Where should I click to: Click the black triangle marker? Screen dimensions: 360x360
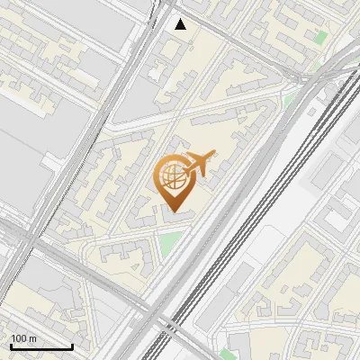(181, 24)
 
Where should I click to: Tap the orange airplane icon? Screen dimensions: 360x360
(199, 164)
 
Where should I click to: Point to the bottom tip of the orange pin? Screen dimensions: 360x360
(173, 212)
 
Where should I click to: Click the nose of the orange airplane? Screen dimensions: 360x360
(214, 156)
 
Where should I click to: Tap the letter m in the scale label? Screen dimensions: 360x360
(32, 338)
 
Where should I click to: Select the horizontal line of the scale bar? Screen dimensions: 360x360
(41, 346)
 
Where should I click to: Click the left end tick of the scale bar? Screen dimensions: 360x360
(12, 345)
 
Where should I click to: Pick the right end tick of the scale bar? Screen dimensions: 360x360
(72, 345)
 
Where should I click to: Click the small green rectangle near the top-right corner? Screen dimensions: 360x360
(321, 39)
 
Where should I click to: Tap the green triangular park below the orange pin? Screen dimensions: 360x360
(168, 241)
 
